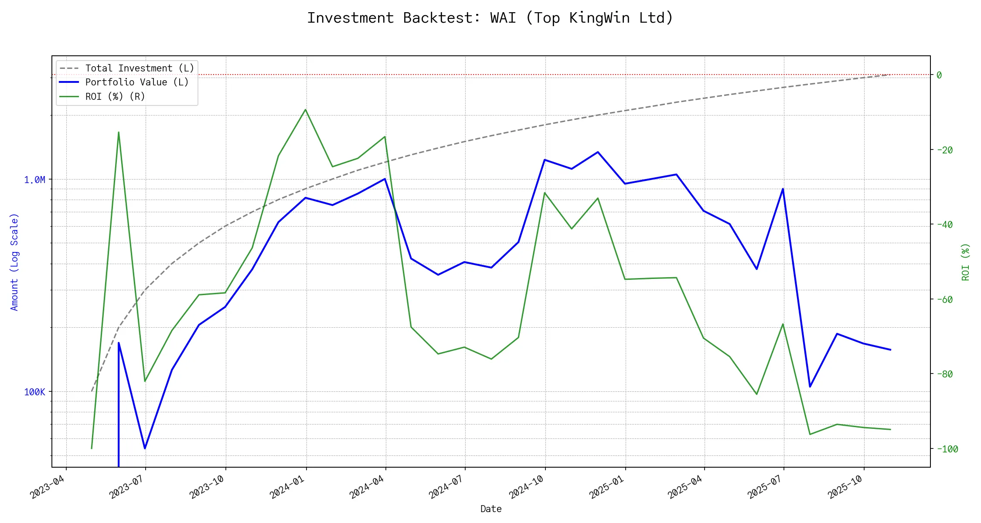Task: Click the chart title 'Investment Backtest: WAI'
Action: point(490,18)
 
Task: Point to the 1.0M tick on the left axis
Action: point(34,180)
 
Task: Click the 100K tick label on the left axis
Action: point(34,392)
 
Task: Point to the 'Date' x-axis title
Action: point(491,509)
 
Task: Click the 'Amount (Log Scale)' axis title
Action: point(15,261)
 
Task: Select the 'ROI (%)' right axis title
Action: point(966,261)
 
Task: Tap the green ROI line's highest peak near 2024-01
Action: point(306,109)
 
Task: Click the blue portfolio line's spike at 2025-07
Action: point(783,189)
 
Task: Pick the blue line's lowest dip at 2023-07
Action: point(145,448)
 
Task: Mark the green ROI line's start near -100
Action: point(92,448)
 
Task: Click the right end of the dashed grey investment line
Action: point(890,75)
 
